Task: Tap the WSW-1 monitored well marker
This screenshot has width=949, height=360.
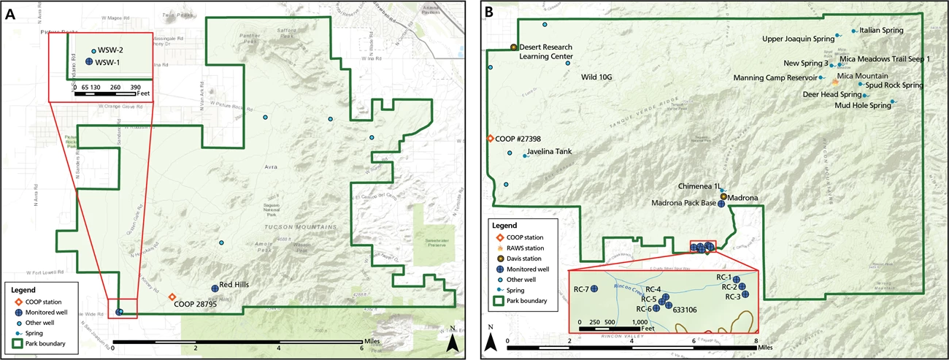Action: tap(88, 63)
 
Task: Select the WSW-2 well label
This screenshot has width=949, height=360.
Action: tap(109, 50)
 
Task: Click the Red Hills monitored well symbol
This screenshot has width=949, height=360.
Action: tap(215, 289)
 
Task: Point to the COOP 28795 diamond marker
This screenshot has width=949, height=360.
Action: tap(172, 297)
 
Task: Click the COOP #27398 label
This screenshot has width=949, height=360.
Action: tap(520, 139)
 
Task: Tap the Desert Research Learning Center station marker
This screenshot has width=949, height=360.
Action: tap(514, 47)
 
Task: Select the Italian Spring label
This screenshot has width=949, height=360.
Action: tap(882, 31)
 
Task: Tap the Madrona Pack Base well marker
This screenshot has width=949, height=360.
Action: tap(721, 204)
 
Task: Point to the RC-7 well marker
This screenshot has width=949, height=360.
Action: tap(594, 288)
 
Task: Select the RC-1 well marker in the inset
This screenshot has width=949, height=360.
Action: tap(737, 279)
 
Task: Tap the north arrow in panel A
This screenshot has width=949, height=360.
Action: tap(453, 340)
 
